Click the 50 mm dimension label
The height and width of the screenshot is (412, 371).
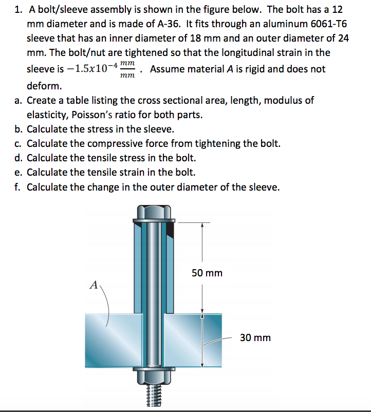207,273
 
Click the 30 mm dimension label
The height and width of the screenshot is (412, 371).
255,338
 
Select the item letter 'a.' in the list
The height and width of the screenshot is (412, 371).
18,100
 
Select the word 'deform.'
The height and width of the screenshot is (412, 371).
44,85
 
